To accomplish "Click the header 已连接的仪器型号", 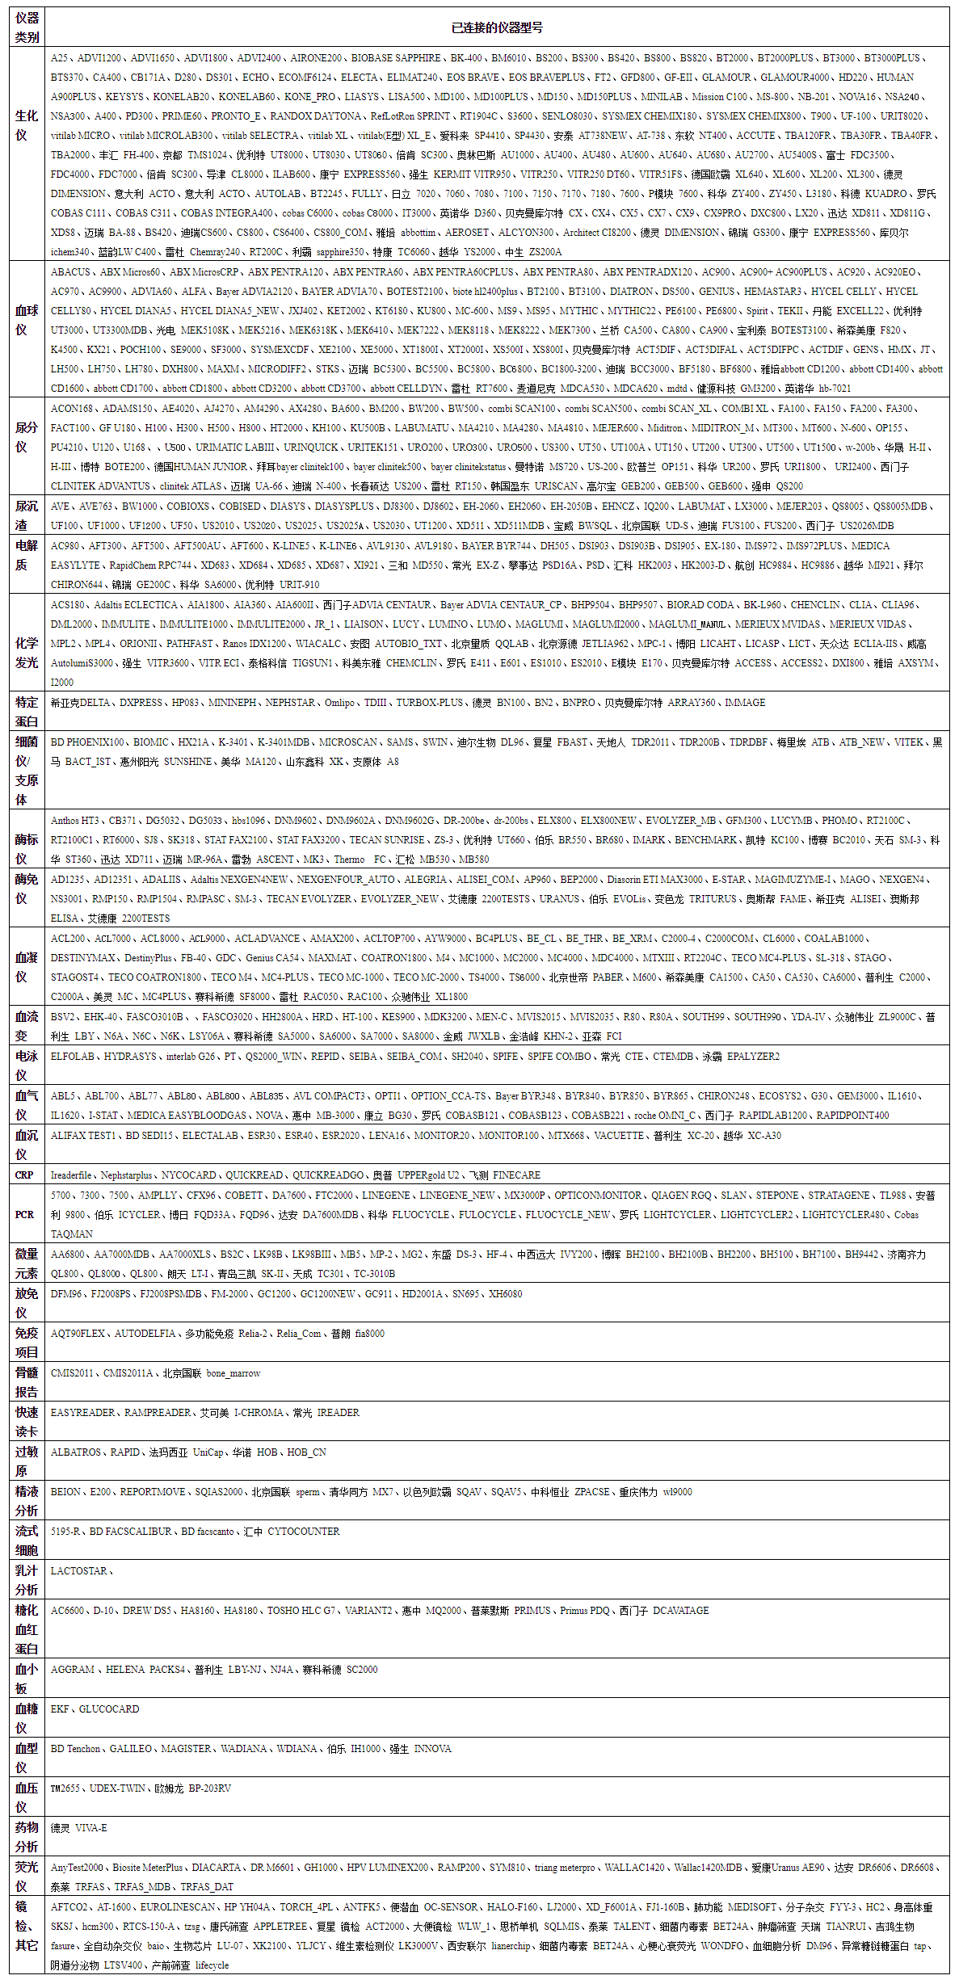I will [497, 27].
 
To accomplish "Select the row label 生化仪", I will [27, 125].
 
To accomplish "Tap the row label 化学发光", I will [27, 653].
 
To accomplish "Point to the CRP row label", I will [25, 1175].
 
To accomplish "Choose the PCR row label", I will [25, 1215].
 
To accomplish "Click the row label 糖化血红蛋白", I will [27, 1629].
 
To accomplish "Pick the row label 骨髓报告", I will [27, 1382].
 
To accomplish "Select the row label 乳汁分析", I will [27, 1580].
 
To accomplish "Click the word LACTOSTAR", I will [78, 1571].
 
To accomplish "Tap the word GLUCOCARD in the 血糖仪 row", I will [109, 1709].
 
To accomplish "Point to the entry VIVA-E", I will [91, 1828].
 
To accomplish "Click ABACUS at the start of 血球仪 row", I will [70, 272].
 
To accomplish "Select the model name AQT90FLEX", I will [78, 1334].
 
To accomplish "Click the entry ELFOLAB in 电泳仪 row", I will [73, 1057].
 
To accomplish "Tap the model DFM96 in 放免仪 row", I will [66, 1294].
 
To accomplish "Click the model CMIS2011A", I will [128, 1373].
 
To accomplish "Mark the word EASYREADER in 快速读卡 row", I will [82, 1413].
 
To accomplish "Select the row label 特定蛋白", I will [27, 712].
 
